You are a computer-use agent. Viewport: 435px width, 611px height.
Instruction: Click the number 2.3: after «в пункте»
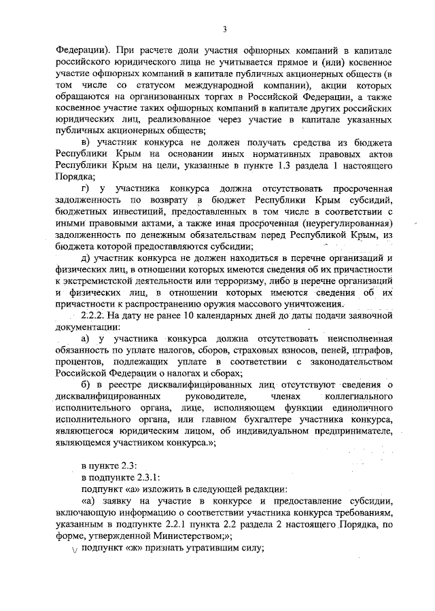[128, 466]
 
